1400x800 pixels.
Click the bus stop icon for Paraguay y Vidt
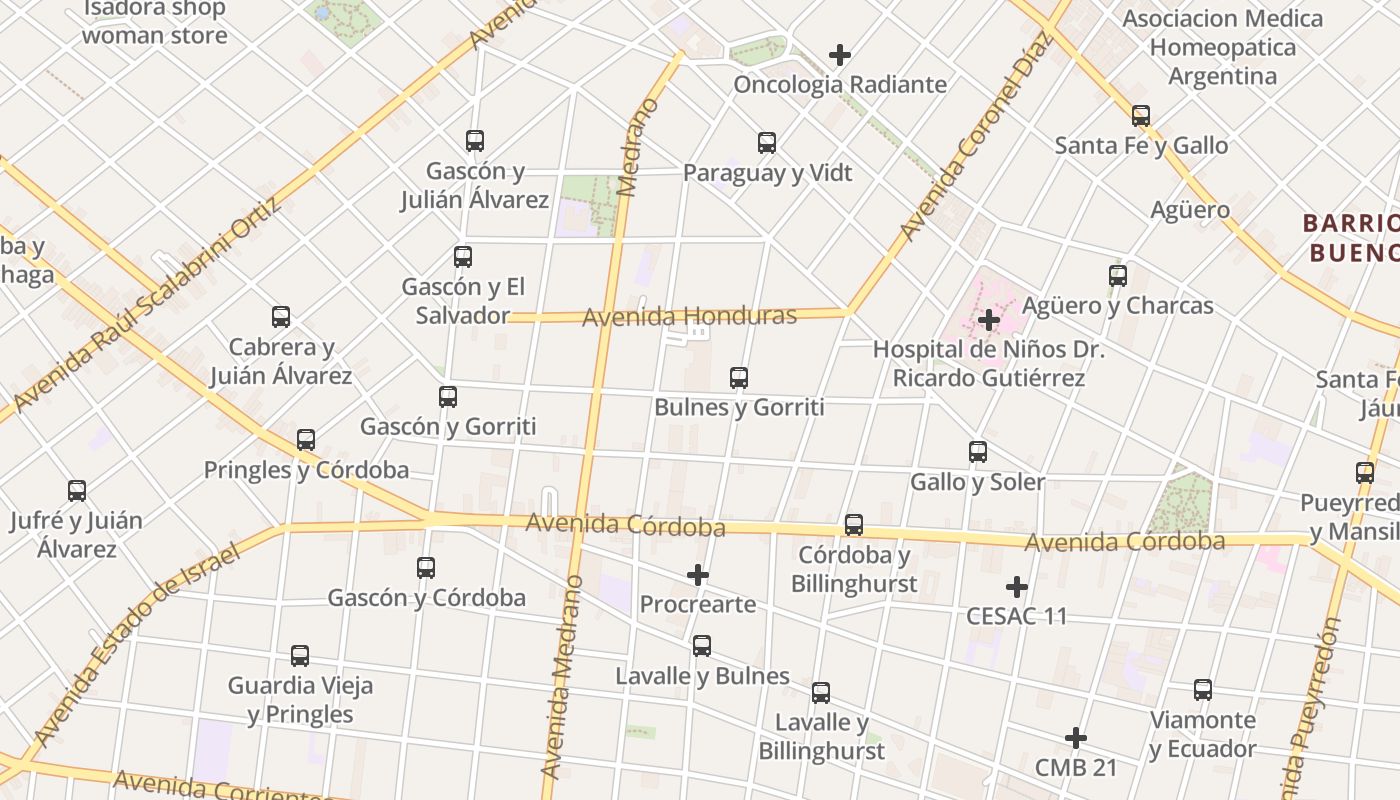coord(767,143)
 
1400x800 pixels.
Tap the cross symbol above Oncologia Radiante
coord(840,55)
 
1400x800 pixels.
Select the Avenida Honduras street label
coord(689,317)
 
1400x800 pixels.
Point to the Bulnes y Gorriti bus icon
coord(739,378)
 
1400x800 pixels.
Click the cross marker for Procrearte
coord(698,575)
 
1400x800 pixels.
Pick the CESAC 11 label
coord(1016,616)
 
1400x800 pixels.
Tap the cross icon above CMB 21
coord(1076,738)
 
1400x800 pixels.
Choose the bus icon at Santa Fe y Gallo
coord(1141,116)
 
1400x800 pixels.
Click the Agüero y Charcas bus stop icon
coord(1118,276)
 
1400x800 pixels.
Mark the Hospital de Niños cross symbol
coord(989,320)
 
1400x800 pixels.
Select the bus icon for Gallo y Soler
coord(978,452)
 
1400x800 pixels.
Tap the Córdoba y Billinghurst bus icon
coord(854,525)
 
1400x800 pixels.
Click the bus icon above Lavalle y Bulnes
coord(702,646)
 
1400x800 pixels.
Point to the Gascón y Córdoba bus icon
coord(426,568)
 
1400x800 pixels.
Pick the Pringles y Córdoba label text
coord(306,470)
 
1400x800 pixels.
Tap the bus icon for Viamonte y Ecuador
coord(1203,690)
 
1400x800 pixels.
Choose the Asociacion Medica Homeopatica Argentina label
coord(1222,47)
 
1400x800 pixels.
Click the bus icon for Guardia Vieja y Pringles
coord(300,656)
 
